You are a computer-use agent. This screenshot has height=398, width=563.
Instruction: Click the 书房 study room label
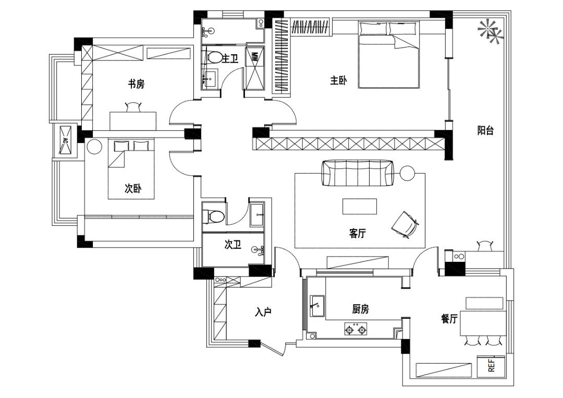pyautogui.click(x=137, y=84)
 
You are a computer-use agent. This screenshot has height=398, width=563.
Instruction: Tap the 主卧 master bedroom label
pyautogui.click(x=338, y=80)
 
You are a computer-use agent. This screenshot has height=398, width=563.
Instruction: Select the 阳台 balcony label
pyautogui.click(x=485, y=130)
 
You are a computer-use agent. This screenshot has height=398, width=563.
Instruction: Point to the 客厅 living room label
pyautogui.click(x=357, y=233)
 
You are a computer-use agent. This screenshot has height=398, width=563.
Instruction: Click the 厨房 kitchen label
pyautogui.click(x=360, y=309)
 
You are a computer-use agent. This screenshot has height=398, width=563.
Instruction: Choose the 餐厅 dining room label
pyautogui.click(x=449, y=318)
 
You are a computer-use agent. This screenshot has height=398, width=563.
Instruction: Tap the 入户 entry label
pyautogui.click(x=263, y=312)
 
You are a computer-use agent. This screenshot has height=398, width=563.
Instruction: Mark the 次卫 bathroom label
pyautogui.click(x=232, y=245)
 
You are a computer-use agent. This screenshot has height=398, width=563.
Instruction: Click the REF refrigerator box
pyautogui.click(x=491, y=366)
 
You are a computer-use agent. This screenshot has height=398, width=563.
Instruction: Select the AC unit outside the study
pyautogui.click(x=65, y=140)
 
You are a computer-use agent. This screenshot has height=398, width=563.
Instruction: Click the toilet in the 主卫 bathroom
pyautogui.click(x=214, y=57)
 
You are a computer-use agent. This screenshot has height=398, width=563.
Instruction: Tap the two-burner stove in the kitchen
pyautogui.click(x=356, y=329)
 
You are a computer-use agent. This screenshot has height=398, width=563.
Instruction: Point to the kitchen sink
pyautogui.click(x=317, y=306)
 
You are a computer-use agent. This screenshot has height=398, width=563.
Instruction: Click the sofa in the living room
pyautogui.click(x=358, y=173)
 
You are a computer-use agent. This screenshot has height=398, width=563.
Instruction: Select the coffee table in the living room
pyautogui.click(x=359, y=207)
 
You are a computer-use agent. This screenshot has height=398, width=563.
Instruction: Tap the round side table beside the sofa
pyautogui.click(x=407, y=173)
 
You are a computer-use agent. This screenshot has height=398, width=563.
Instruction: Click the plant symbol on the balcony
pyautogui.click(x=491, y=32)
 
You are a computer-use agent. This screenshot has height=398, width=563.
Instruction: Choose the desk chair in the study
pyautogui.click(x=133, y=107)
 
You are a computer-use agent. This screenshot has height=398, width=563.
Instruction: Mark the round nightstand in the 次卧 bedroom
pyautogui.click(x=94, y=147)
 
